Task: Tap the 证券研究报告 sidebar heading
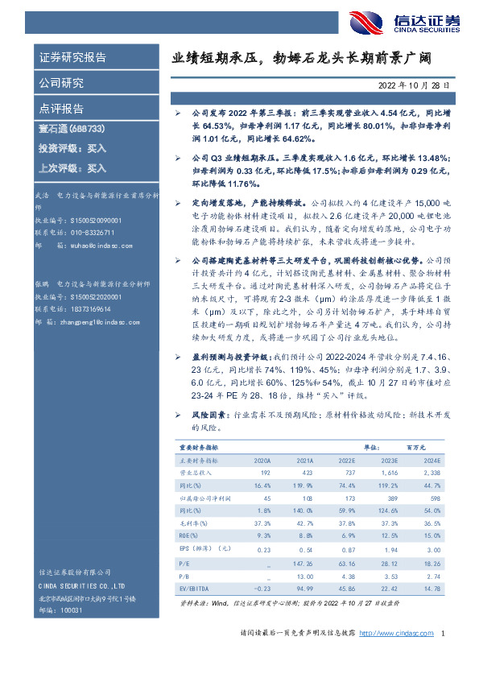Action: click(72, 58)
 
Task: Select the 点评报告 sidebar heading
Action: click(61, 109)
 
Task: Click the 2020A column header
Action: click(262, 459)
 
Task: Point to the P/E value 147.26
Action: click(302, 564)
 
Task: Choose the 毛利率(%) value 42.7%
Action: click(304, 523)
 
